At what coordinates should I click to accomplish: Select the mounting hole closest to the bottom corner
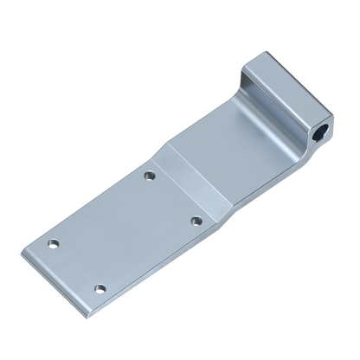click(x=100, y=286)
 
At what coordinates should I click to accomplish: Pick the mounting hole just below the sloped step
click(x=149, y=175)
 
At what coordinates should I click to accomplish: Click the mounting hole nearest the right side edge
click(x=196, y=221)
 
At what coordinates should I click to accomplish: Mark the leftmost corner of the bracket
click(x=20, y=254)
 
